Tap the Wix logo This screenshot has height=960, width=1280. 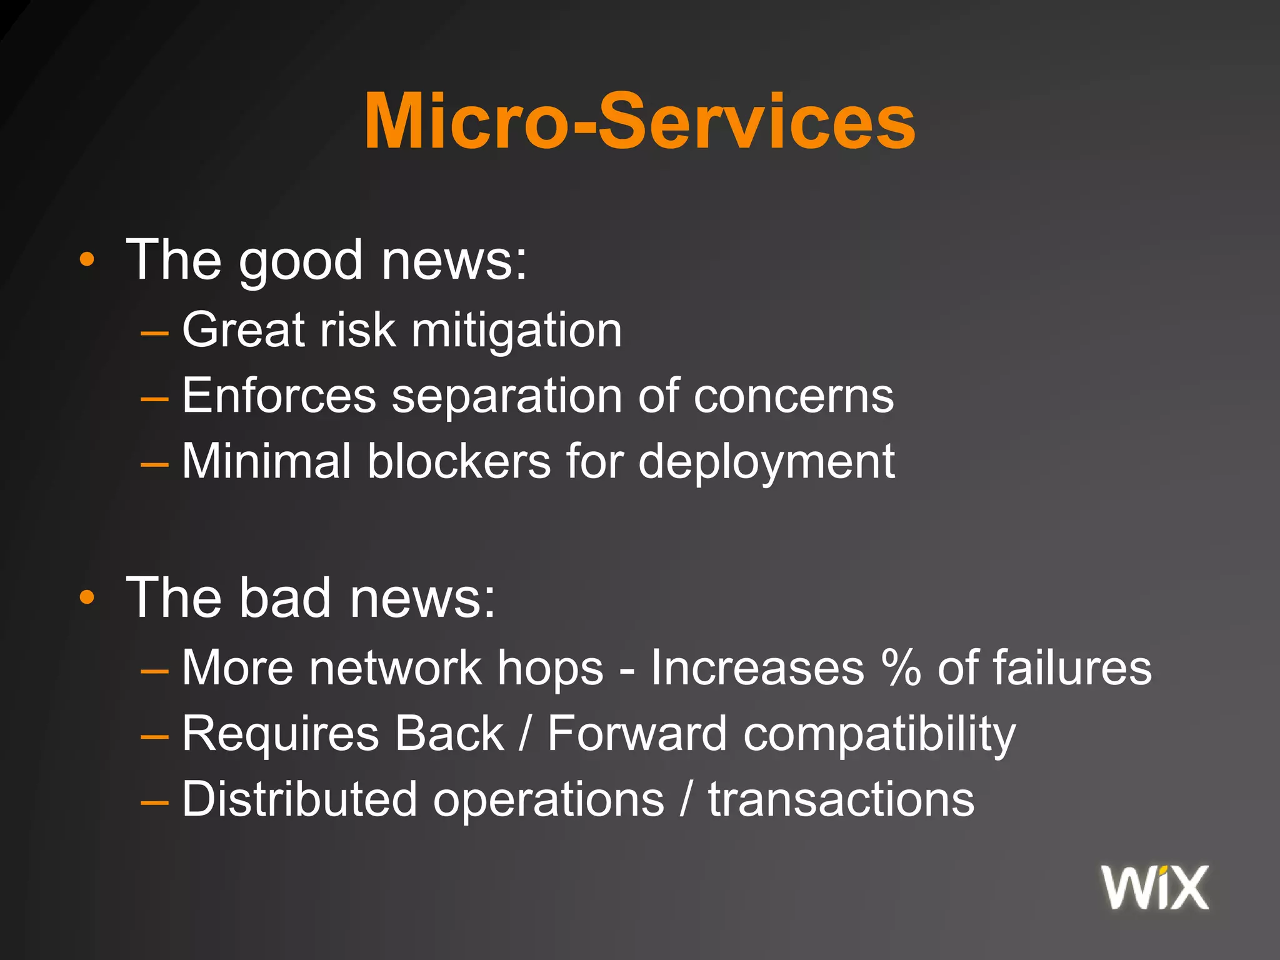click(1155, 887)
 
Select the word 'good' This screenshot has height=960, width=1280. click(301, 261)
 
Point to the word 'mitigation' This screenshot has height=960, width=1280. click(516, 331)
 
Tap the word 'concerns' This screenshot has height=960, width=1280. click(794, 397)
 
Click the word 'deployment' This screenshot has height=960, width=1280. click(767, 463)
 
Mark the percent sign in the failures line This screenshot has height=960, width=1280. click(901, 668)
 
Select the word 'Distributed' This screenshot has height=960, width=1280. click(299, 799)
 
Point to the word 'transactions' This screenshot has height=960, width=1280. click(841, 800)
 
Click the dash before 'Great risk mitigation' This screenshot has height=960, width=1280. click(154, 334)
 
